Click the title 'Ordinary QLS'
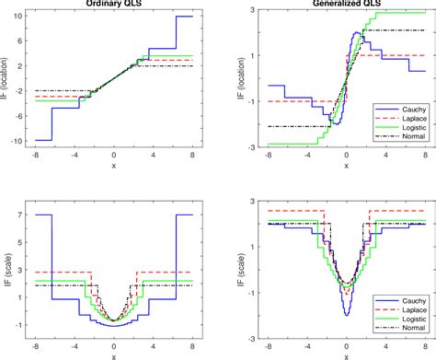[113, 4]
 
